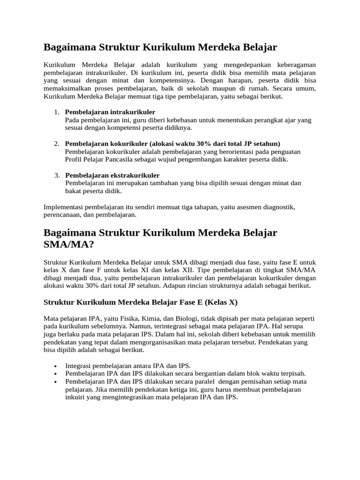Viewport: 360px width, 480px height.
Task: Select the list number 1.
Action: (56, 112)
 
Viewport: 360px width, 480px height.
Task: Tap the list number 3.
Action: (56, 175)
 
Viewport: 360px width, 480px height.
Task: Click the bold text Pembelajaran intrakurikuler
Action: (110, 112)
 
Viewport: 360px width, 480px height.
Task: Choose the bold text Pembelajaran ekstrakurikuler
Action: (112, 175)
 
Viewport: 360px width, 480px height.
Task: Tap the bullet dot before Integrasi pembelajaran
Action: (56, 366)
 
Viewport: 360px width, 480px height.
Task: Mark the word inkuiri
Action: (75, 397)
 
